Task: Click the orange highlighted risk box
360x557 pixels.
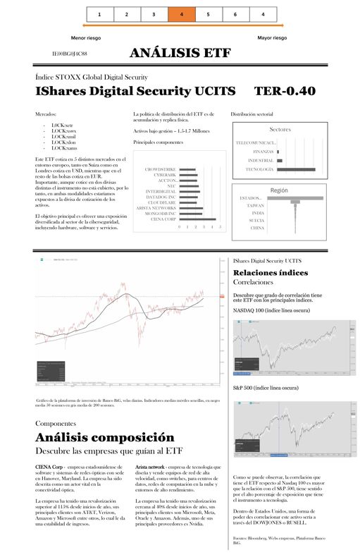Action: (181, 14)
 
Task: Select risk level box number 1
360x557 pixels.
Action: (99, 14)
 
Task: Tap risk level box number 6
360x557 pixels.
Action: (235, 14)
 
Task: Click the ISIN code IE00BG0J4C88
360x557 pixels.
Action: (70, 54)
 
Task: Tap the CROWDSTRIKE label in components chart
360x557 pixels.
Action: (160, 169)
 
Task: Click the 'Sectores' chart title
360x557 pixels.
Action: (280, 130)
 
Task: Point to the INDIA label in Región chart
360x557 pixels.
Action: (258, 213)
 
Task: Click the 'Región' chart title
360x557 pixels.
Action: (279, 190)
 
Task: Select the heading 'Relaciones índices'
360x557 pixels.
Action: (270, 272)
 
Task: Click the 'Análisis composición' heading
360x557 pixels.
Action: (104, 437)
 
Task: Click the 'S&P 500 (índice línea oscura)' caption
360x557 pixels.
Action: (270, 388)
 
